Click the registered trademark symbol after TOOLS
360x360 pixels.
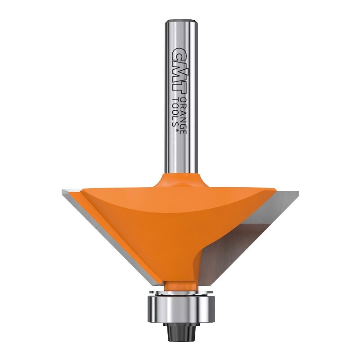coord(177,129)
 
